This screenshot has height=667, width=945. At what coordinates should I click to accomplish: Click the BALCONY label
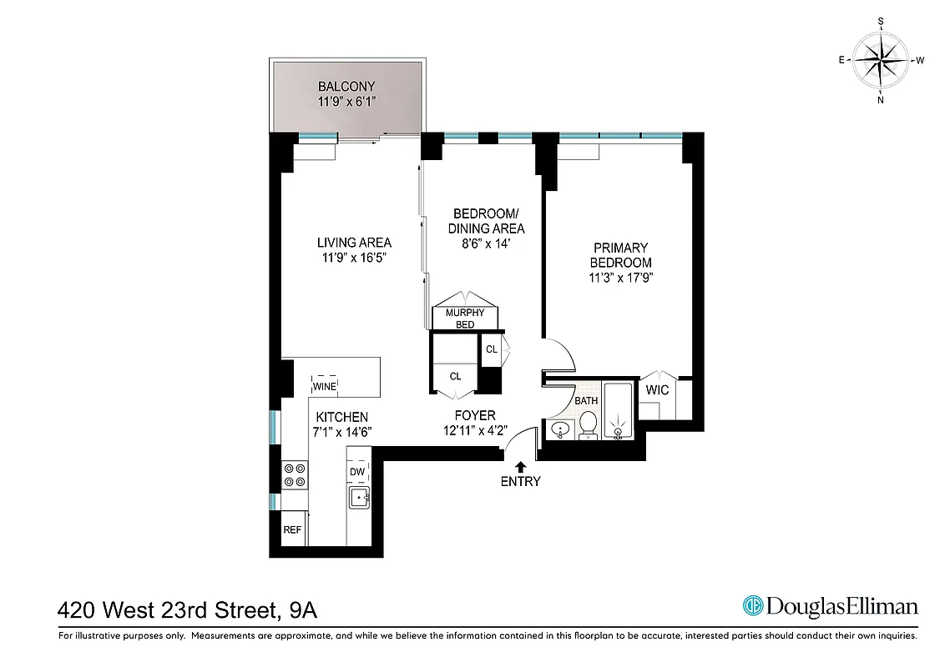point(346,86)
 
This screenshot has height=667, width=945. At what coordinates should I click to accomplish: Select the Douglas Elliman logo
point(830,606)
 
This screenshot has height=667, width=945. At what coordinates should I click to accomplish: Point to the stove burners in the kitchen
point(295,474)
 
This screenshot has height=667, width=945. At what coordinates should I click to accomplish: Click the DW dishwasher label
point(357,472)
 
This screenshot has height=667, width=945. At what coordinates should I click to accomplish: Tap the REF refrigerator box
point(292,529)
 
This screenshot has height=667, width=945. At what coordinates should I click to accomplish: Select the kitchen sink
point(360,498)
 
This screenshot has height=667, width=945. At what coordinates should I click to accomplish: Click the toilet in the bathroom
point(589,424)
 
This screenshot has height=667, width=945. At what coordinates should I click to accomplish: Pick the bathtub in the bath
point(619,413)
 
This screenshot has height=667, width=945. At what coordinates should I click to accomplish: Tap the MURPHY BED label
point(465,318)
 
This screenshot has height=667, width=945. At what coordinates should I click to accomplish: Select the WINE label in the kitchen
point(325,387)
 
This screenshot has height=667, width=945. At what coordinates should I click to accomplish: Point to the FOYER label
point(475,415)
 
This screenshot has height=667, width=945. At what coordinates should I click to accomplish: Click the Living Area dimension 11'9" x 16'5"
point(354,258)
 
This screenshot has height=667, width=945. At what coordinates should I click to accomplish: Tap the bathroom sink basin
point(559,429)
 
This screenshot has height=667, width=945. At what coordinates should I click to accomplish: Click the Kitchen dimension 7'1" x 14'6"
point(341,431)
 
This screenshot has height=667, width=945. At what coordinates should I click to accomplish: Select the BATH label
point(587,401)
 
